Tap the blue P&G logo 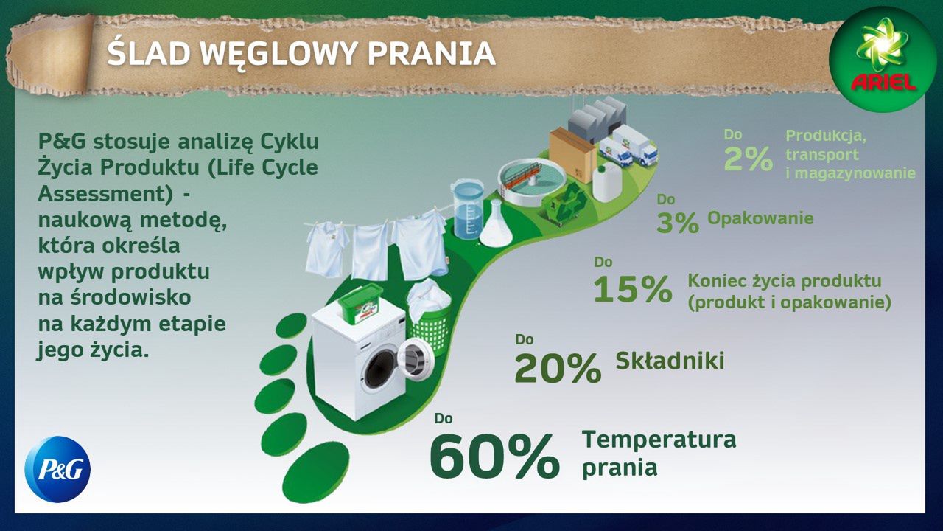(x=57, y=469)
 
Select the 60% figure (x=494, y=457)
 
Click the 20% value (x=558, y=368)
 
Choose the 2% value (x=748, y=159)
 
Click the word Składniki (x=670, y=361)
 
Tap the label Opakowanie (x=760, y=218)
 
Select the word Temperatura (x=659, y=440)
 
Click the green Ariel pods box (x=361, y=304)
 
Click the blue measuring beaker (x=468, y=209)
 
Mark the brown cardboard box (x=573, y=154)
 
